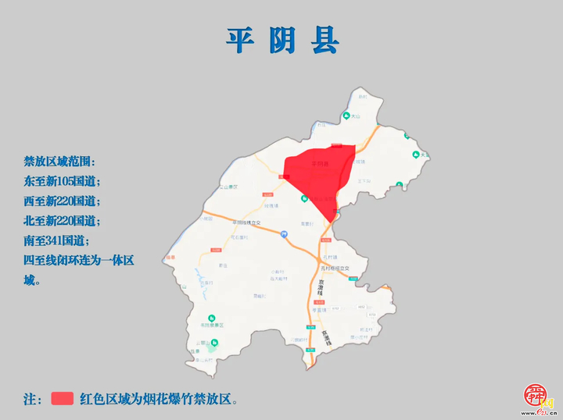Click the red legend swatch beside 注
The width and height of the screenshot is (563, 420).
[63, 398]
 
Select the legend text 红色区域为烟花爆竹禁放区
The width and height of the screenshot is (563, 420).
[156, 399]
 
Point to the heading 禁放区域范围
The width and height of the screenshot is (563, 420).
[59, 162]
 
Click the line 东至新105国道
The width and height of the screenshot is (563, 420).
[63, 181]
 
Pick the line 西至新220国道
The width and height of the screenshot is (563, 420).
[63, 201]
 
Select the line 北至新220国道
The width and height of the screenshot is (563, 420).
[63, 220]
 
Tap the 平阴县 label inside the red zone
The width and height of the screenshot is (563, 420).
[321, 164]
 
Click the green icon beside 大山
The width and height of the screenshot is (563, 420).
[346, 116]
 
